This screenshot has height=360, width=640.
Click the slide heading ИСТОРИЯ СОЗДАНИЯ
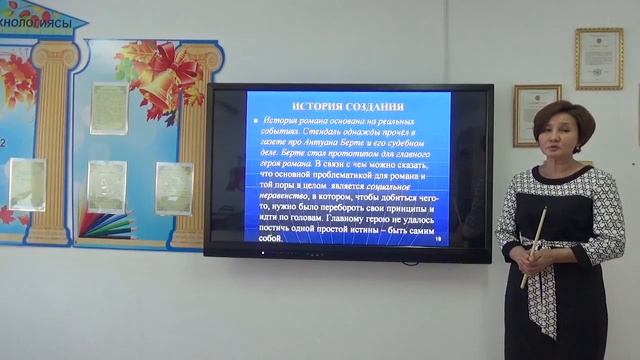334,106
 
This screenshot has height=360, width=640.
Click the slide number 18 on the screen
438,239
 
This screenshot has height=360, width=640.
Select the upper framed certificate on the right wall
598,58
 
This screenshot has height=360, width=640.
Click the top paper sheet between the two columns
108,108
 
